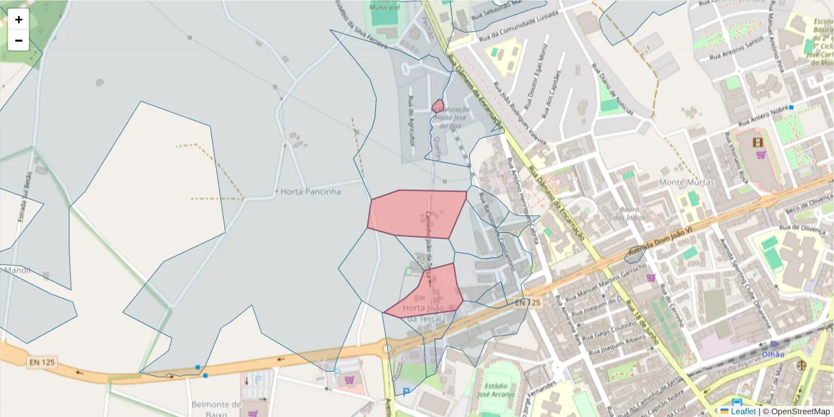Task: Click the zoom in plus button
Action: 19,19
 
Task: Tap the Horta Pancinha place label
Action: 311,191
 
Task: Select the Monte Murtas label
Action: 682,182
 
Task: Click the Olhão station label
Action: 773,354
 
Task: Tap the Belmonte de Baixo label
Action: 216,409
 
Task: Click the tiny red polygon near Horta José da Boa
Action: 438,106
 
